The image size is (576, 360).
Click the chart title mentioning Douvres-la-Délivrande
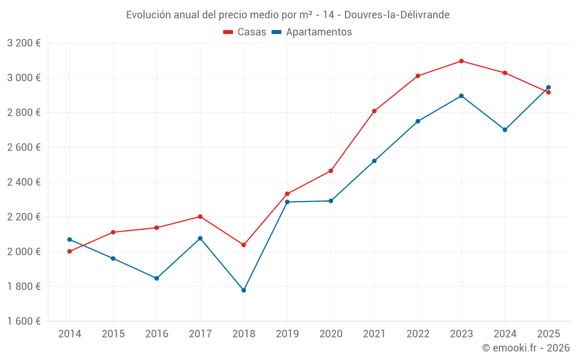coord(287,14)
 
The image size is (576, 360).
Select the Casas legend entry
coord(245,32)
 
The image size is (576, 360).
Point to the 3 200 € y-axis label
coord(24,43)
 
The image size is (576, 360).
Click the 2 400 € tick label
coord(24,182)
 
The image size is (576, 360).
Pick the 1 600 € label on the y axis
coord(24,321)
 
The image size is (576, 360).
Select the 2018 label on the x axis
coord(244,334)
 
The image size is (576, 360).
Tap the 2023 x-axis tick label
coord(461,334)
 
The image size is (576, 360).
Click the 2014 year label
coord(70,334)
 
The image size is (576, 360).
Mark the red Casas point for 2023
coord(461,61)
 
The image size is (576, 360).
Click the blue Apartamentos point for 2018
coord(244,290)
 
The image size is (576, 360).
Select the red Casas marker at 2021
coord(374,111)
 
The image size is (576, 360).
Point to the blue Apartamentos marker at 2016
coord(157,278)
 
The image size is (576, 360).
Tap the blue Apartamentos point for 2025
coord(548,88)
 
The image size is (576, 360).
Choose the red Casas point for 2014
coord(70,251)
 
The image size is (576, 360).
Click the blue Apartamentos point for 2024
coord(505,130)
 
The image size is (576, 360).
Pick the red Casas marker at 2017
coord(200,217)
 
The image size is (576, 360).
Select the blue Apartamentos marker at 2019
coord(287,202)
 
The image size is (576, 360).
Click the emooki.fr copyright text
coord(526,348)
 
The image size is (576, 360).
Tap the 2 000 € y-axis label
coord(24,252)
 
